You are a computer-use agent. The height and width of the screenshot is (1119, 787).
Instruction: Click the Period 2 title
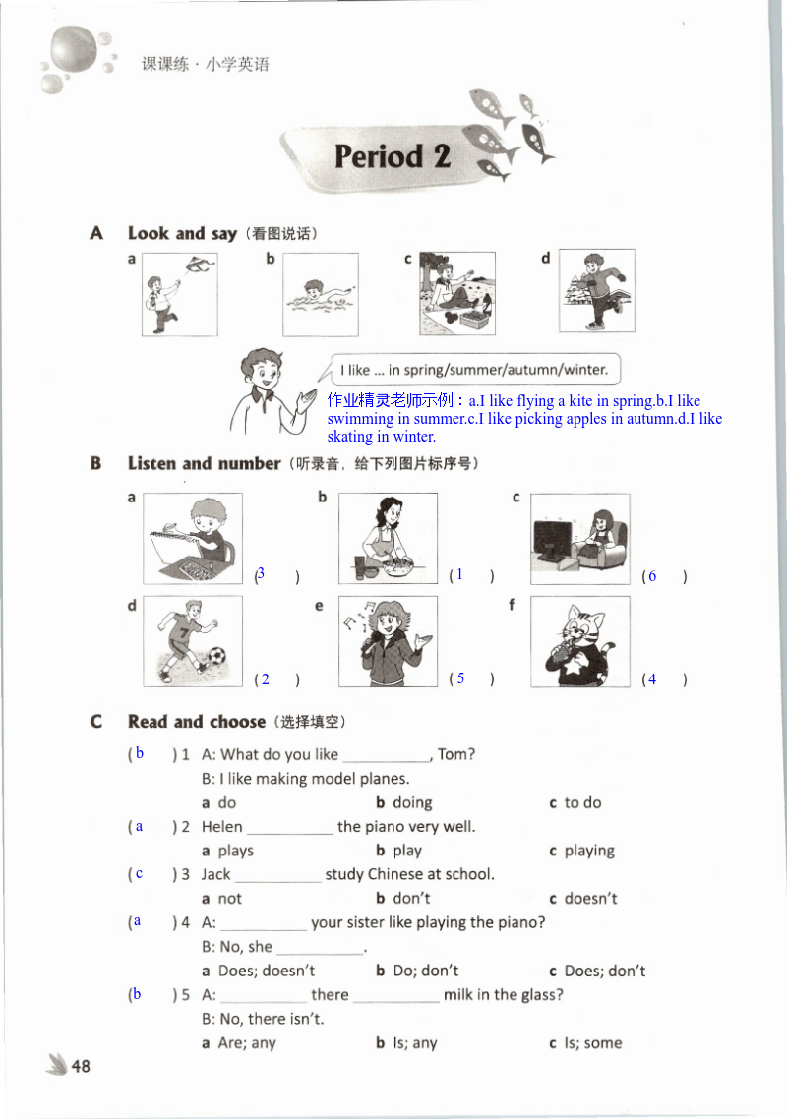click(392, 156)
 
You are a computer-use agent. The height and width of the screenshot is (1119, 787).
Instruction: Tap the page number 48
click(81, 1066)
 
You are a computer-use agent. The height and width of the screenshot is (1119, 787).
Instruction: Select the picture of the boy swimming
click(321, 294)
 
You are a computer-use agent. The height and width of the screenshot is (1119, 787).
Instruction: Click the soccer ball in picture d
click(215, 656)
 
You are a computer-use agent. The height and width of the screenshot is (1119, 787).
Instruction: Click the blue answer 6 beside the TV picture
click(651, 576)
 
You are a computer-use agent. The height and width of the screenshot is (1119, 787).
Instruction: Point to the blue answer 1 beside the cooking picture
click(458, 574)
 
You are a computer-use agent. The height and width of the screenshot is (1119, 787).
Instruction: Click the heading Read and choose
click(197, 722)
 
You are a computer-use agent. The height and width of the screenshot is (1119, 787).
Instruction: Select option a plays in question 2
click(228, 851)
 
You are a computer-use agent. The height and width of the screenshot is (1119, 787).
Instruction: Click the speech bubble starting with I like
click(474, 371)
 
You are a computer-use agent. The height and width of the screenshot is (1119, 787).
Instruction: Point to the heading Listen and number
click(204, 463)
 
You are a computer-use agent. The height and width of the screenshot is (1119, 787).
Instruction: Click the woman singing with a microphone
click(388, 641)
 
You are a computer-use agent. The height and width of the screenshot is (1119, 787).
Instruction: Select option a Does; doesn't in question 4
click(259, 971)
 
